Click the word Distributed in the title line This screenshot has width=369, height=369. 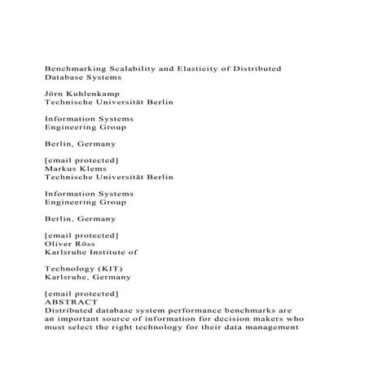click(253, 68)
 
